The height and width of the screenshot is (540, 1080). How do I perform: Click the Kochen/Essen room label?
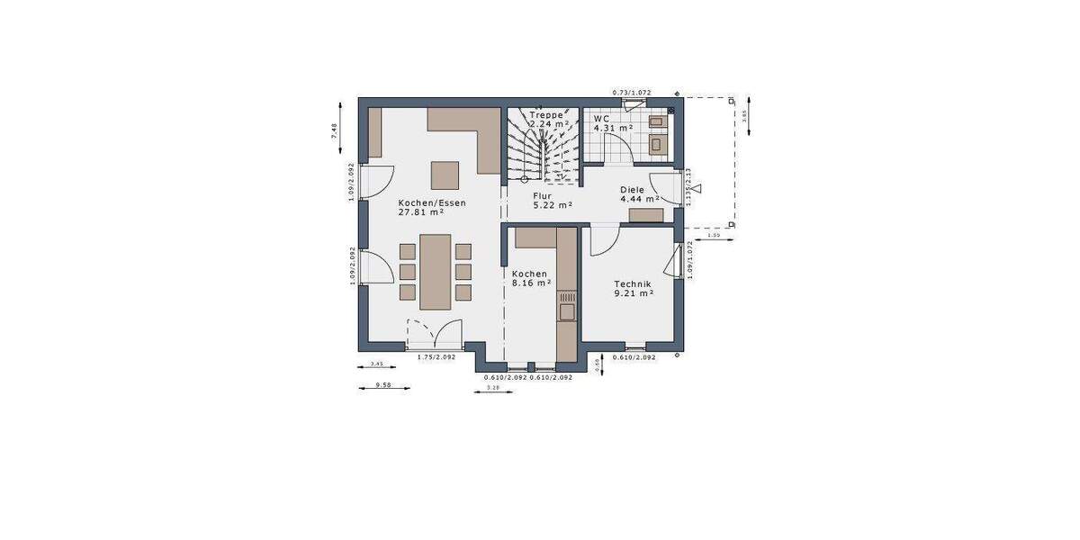pyautogui.click(x=432, y=203)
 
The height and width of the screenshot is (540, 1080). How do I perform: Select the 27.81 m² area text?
pyautogui.click(x=424, y=214)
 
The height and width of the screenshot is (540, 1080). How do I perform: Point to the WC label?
pyautogui.click(x=601, y=118)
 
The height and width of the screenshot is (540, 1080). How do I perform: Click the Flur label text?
pyautogui.click(x=542, y=195)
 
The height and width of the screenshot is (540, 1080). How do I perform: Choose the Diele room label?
pyautogui.click(x=632, y=190)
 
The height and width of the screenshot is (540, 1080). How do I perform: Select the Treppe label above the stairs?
pyautogui.click(x=546, y=116)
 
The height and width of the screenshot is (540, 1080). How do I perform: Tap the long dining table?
pyautogui.click(x=436, y=272)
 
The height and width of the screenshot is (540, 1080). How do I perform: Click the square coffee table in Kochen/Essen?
pyautogui.click(x=444, y=174)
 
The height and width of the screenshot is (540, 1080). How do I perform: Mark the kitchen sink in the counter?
pyautogui.click(x=567, y=311)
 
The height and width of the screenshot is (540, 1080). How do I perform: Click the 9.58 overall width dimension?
pyautogui.click(x=382, y=385)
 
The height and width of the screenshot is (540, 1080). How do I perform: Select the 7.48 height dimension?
pyautogui.click(x=334, y=131)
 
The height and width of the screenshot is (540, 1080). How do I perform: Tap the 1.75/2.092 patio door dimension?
pyautogui.click(x=436, y=357)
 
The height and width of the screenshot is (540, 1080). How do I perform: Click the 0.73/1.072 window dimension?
pyautogui.click(x=631, y=93)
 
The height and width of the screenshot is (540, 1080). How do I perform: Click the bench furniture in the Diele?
pyautogui.click(x=645, y=215)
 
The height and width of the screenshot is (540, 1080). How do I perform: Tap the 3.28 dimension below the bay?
pyautogui.click(x=492, y=388)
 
